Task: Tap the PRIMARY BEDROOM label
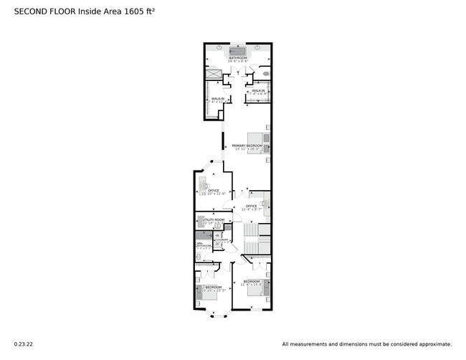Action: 247,145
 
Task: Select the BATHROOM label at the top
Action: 239,57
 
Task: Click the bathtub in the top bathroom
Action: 238,52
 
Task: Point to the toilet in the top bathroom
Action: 267,73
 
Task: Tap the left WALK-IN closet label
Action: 217,98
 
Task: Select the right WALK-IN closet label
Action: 258,91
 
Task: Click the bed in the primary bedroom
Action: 260,143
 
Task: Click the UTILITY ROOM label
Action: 214,219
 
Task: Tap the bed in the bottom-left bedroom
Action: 202,290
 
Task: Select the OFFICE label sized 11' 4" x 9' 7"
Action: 252,206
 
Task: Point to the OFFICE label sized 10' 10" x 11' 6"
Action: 214,190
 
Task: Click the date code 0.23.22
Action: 23,344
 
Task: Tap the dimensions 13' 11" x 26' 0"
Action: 247,149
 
